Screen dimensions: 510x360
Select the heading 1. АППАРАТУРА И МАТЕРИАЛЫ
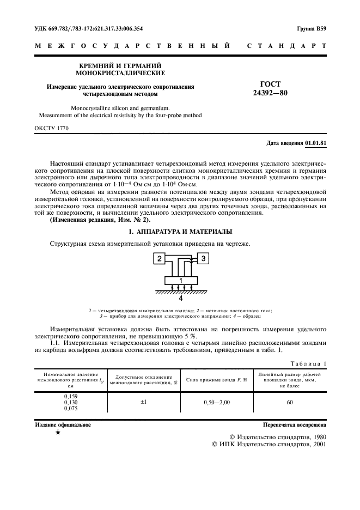pyautogui.click(x=180, y=232)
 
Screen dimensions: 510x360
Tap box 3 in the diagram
pyautogui.click(x=203, y=259)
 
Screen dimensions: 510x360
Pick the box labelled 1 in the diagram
pyautogui.click(x=180, y=281)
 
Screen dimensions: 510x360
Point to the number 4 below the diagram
pyautogui.click(x=181, y=299)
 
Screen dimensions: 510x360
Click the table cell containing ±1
pyautogui.click(x=144, y=402)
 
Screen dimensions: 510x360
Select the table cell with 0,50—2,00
pyautogui.click(x=217, y=402)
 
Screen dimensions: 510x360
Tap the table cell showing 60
pyautogui.click(x=290, y=402)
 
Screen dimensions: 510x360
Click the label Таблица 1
pyautogui.click(x=308, y=363)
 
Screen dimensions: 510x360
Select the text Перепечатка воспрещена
pyautogui.click(x=294, y=424)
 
